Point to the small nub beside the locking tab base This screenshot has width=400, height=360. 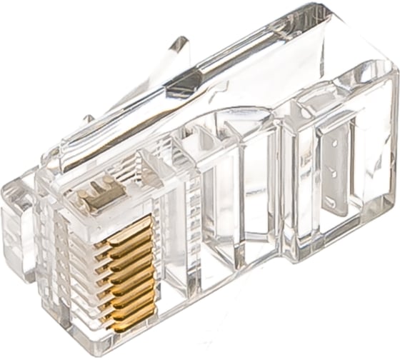click(x=88, y=119)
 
